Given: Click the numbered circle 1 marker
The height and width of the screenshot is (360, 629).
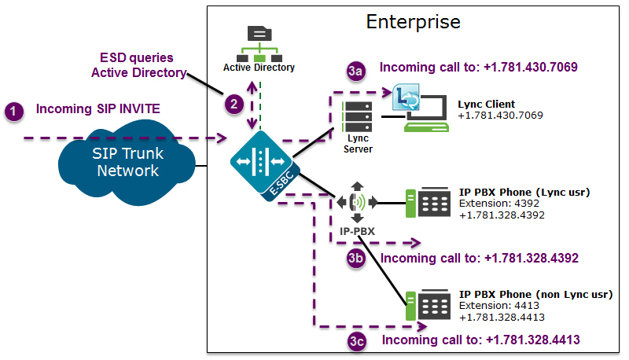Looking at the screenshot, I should pyautogui.click(x=14, y=112).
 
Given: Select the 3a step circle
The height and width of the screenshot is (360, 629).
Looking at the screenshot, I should pyautogui.click(x=356, y=71).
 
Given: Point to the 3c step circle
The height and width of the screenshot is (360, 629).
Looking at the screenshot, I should pyautogui.click(x=356, y=341).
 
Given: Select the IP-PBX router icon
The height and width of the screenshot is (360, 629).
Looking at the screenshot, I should pyautogui.click(x=355, y=201).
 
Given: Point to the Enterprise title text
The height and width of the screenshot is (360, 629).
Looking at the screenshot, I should pyautogui.click(x=414, y=21).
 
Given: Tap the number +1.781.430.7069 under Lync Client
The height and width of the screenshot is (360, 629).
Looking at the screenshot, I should pyautogui.click(x=500, y=116).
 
